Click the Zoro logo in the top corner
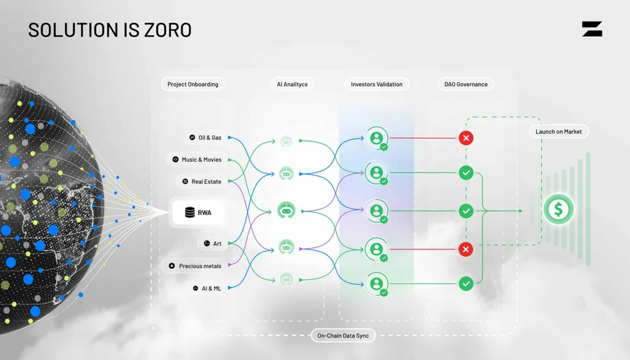click(x=591, y=29)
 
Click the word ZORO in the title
click(x=168, y=30)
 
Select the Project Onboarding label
click(x=193, y=84)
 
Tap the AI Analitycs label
click(x=292, y=84)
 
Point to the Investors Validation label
click(x=377, y=84)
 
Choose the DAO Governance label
click(x=465, y=84)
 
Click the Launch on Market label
click(x=559, y=132)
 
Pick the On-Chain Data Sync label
click(x=343, y=335)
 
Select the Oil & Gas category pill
click(x=205, y=137)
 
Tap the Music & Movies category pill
click(x=197, y=160)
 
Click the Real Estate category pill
click(x=202, y=181)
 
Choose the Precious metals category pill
click(x=195, y=266)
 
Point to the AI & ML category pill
click(x=207, y=288)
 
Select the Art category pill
click(x=213, y=244)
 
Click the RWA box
click(x=198, y=212)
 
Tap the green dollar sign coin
click(x=559, y=209)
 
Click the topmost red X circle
click(x=466, y=138)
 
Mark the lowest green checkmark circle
click(x=466, y=284)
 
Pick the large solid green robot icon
click(x=286, y=211)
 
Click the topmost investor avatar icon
click(x=377, y=138)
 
